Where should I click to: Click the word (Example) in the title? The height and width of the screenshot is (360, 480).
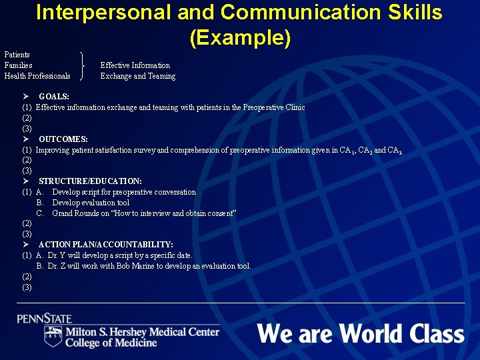[240, 37]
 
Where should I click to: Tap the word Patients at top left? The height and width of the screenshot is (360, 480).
[17, 54]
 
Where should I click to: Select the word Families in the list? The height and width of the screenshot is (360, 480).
[18, 65]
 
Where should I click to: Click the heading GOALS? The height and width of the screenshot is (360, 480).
[54, 97]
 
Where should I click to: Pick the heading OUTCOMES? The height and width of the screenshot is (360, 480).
[63, 139]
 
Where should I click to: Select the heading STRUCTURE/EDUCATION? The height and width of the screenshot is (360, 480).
[90, 181]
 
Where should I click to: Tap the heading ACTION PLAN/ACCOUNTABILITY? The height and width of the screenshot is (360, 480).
[106, 245]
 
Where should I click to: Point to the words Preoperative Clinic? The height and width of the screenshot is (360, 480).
[274, 107]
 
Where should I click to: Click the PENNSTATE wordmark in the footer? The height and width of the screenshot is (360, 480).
[45, 319]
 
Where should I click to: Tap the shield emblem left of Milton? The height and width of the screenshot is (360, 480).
[53, 336]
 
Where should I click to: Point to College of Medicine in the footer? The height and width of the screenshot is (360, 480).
[111, 343]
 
